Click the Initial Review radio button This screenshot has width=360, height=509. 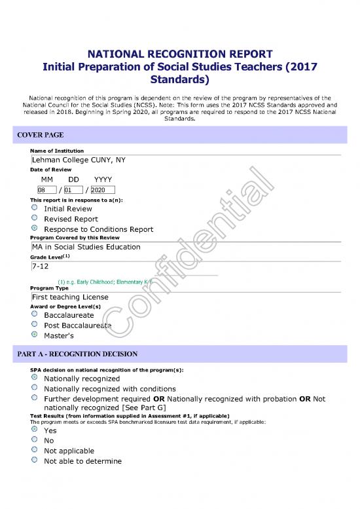pyautogui.click(x=34, y=208)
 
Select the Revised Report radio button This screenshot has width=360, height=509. pyautogui.click(x=34, y=219)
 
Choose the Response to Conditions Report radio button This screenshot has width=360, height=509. pyautogui.click(x=34, y=229)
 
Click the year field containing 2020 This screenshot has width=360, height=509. pyautogui.click(x=102, y=190)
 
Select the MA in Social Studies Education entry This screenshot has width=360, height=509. pyautogui.click(x=86, y=247)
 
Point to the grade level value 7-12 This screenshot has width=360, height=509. pyautogui.click(x=41, y=267)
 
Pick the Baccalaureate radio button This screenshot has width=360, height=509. pyautogui.click(x=34, y=314)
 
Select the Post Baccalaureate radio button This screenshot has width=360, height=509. pyautogui.click(x=34, y=325)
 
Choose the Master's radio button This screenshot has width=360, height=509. pyautogui.click(x=34, y=335)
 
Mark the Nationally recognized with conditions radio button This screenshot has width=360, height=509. pyautogui.click(x=34, y=388)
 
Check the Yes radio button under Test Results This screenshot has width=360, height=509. pyautogui.click(x=34, y=430)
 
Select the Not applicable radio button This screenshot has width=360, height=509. pyautogui.click(x=34, y=451)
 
